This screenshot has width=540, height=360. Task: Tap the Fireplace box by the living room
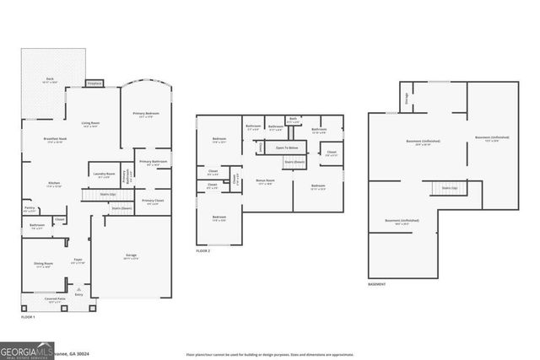tap(94, 83)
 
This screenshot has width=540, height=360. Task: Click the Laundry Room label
tap(105, 175)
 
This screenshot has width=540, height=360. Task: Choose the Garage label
tap(132, 255)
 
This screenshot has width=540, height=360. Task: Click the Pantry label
tap(30, 209)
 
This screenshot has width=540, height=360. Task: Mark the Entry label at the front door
tap(79, 294)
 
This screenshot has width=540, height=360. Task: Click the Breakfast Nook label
tap(57, 140)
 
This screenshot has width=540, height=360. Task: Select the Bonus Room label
tap(264, 181)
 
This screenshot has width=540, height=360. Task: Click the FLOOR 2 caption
tap(202, 251)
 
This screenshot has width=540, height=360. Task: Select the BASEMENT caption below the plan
tap(377, 284)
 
